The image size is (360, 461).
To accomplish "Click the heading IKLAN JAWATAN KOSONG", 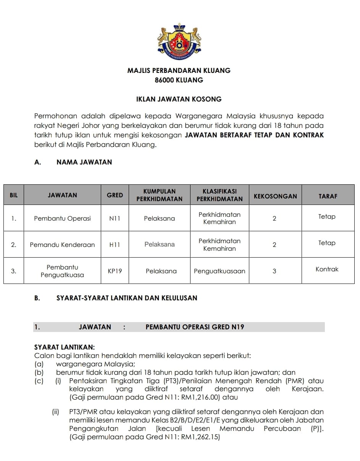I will tap(179, 99).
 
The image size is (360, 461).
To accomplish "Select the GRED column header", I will tap(115, 195).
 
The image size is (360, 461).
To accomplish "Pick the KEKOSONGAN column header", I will tap(275, 196).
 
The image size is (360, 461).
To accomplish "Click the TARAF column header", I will tap(328, 196).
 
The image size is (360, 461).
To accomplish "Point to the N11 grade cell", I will tap(115, 219).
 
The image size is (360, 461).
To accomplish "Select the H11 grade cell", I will tap(115, 245).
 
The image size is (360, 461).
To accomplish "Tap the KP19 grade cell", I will tap(115, 271).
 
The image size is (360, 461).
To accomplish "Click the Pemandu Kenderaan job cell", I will tap(62, 245).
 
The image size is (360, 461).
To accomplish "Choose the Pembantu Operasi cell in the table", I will tap(62, 219).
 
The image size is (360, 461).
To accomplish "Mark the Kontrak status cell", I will tap(327, 269).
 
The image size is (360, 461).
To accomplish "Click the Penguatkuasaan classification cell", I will tap(220, 271).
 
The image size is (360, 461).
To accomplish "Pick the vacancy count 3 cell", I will tap(274, 271).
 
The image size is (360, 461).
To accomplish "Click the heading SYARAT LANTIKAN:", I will tap(65, 347).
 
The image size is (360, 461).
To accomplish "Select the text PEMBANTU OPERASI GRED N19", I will tap(195, 327).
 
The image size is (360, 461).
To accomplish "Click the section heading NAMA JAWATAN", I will tap(84, 162).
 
